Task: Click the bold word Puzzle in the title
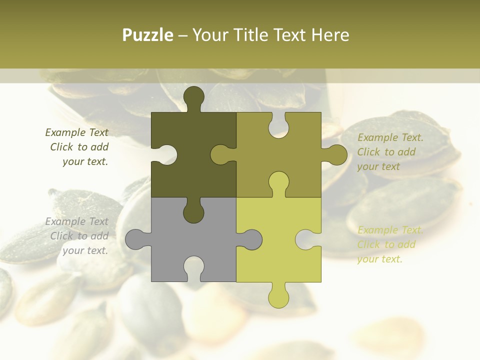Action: [148, 35]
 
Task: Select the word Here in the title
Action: [329, 35]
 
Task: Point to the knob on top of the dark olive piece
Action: [193, 97]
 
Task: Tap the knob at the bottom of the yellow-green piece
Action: [278, 296]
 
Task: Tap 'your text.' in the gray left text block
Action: [85, 250]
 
